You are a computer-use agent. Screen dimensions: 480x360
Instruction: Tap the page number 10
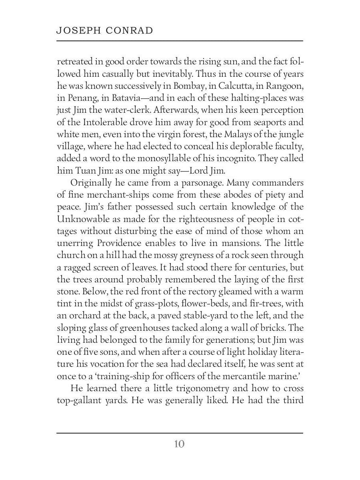click(x=179, y=444)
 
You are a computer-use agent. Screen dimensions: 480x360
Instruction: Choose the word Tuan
click(x=83, y=170)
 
